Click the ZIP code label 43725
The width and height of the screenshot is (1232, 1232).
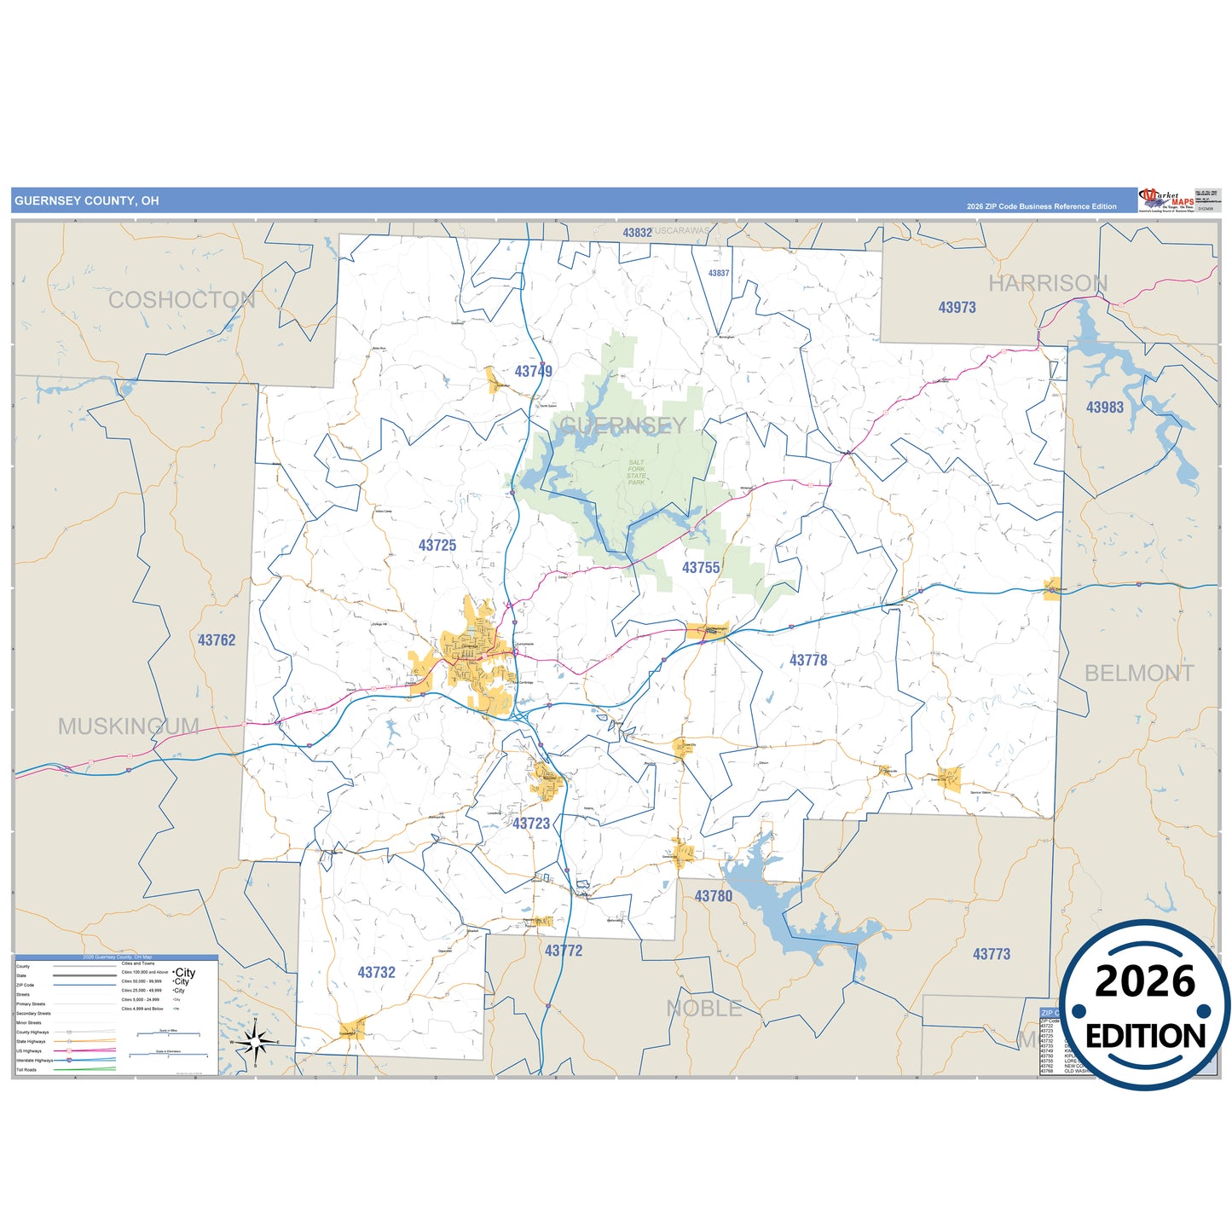[437, 546]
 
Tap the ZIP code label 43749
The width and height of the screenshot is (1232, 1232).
[533, 372]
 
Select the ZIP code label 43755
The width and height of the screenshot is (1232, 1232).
[701, 568]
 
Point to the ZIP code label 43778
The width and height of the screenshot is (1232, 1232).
[808, 661]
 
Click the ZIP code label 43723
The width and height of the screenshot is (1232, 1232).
[531, 824]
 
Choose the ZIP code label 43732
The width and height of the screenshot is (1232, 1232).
[376, 973]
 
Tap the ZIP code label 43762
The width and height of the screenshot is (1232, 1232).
[217, 640]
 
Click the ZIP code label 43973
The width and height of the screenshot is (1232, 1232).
[957, 308]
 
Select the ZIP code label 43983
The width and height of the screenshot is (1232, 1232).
[1104, 408]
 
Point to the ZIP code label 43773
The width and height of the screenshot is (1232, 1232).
[992, 954]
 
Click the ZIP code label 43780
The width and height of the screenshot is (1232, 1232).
[713, 896]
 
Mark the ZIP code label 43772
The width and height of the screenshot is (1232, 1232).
[564, 951]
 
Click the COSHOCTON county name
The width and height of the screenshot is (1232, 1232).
[182, 300]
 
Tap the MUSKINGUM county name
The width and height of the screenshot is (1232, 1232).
[129, 726]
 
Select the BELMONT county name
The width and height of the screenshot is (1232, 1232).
[1139, 674]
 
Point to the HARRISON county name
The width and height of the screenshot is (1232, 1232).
[1048, 283]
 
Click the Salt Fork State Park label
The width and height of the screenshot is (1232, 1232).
[637, 472]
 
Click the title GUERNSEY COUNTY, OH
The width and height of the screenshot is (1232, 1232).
[87, 201]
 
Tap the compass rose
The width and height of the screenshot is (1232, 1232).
[255, 1042]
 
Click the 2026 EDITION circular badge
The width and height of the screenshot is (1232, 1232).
[1145, 1006]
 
